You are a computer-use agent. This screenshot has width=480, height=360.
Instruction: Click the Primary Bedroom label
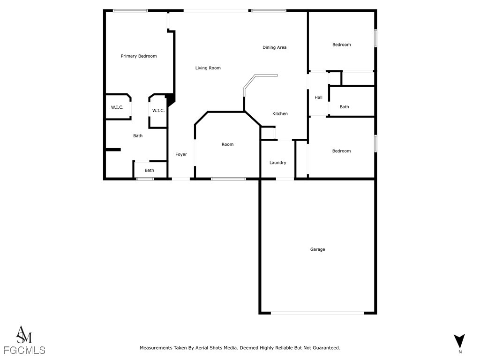pyautogui.click(x=139, y=56)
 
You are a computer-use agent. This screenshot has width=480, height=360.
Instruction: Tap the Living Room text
pyautogui.click(x=208, y=68)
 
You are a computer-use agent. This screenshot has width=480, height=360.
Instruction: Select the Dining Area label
pyautogui.click(x=274, y=47)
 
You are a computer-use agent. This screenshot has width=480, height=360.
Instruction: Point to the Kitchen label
pyautogui.click(x=280, y=114)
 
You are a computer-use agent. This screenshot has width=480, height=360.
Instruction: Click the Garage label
pyautogui.click(x=317, y=249)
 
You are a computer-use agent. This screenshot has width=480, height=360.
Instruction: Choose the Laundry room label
pyautogui.click(x=277, y=163)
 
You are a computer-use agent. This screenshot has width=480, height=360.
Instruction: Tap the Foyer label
pyautogui.click(x=181, y=154)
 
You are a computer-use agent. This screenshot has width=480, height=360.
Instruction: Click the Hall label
pyautogui.click(x=318, y=97)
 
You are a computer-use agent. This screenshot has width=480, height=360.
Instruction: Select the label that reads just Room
pyautogui.click(x=227, y=144)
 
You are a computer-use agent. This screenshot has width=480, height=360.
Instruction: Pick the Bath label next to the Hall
pyautogui.click(x=344, y=107)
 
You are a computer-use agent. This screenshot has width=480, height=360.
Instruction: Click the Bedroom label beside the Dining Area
pyautogui.click(x=341, y=45)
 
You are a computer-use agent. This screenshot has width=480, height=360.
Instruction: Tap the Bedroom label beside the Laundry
pyautogui.click(x=341, y=151)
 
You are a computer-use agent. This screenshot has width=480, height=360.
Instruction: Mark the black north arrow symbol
pyautogui.click(x=460, y=341)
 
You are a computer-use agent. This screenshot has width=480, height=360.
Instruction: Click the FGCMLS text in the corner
pyautogui.click(x=24, y=350)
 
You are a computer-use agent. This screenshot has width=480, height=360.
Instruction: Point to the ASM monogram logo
pyautogui.click(x=24, y=334)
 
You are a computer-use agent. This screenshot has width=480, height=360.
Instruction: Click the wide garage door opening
pyautogui.click(x=317, y=313)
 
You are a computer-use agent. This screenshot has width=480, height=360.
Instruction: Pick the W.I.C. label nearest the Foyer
pyautogui.click(x=158, y=111)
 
